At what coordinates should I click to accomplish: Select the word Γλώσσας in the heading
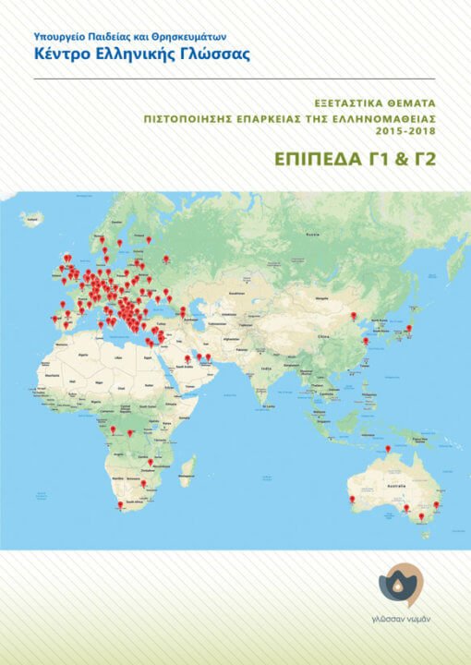pyautogui.click(x=214, y=53)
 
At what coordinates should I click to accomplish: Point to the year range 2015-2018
pyautogui.click(x=407, y=132)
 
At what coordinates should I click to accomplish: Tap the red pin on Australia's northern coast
pyautogui.click(x=388, y=449)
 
